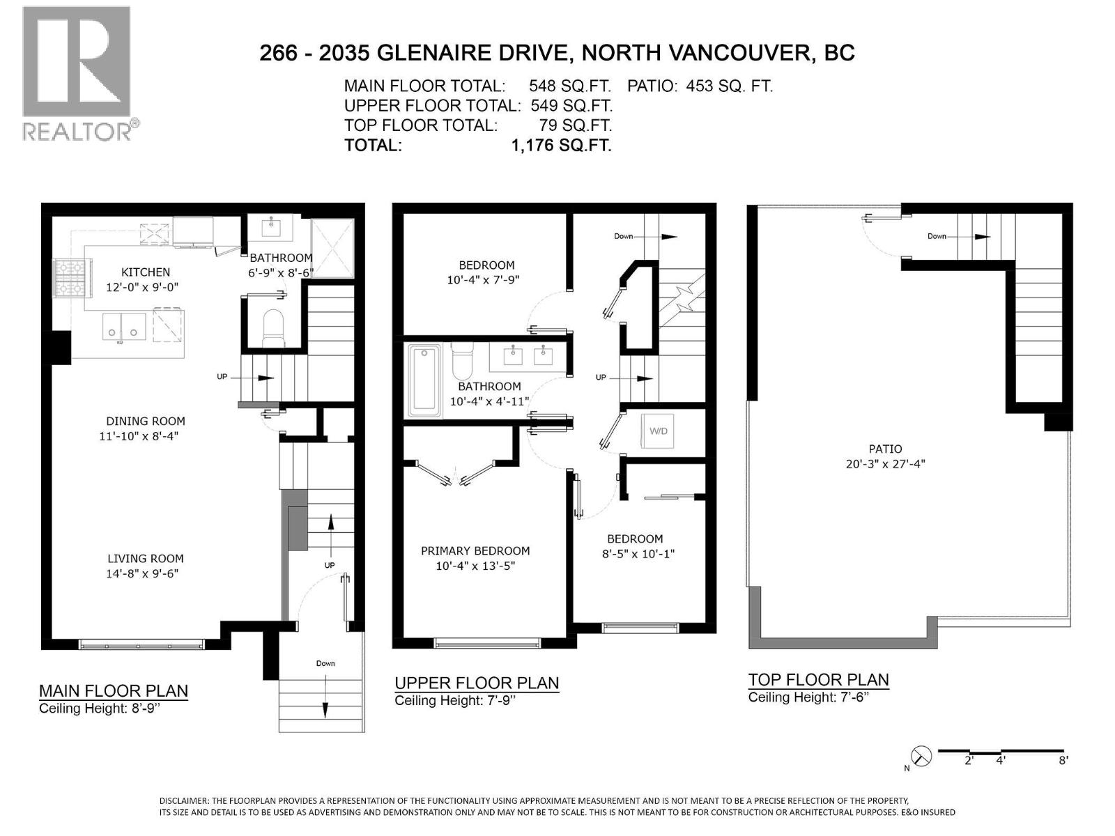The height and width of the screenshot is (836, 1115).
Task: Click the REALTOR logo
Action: coord(77,73)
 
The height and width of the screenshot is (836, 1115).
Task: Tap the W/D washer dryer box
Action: coord(659,431)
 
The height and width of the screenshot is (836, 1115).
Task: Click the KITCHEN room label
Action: coord(145,272)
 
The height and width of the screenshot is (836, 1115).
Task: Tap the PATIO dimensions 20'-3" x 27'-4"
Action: coord(885,464)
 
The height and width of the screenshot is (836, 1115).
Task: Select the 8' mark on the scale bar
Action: coord(1063,761)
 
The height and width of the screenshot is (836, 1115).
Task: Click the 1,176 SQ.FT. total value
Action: coord(561,146)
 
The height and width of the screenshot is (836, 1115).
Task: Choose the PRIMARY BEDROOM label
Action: coord(475,550)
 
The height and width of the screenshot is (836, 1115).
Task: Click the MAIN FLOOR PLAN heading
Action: coord(114,691)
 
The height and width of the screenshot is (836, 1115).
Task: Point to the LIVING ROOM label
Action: coord(145,558)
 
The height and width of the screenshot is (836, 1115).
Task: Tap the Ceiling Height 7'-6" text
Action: coord(808,697)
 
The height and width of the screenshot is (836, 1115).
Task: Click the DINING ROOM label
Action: coord(145,421)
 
